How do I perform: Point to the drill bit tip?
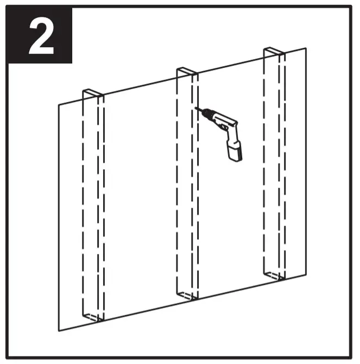click(x=196, y=108)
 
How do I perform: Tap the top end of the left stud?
click(x=92, y=94)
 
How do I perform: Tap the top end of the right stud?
click(x=274, y=52)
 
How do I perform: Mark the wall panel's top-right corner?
click(x=306, y=48)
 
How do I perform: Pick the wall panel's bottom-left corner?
click(x=59, y=330)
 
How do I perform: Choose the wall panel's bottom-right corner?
click(x=306, y=276)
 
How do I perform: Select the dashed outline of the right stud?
click(x=264, y=163)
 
